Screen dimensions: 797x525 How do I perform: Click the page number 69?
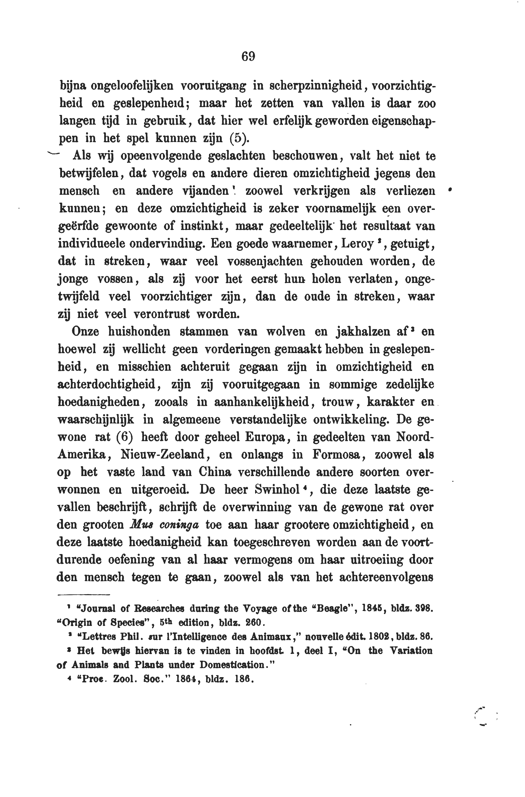tap(248, 56)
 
